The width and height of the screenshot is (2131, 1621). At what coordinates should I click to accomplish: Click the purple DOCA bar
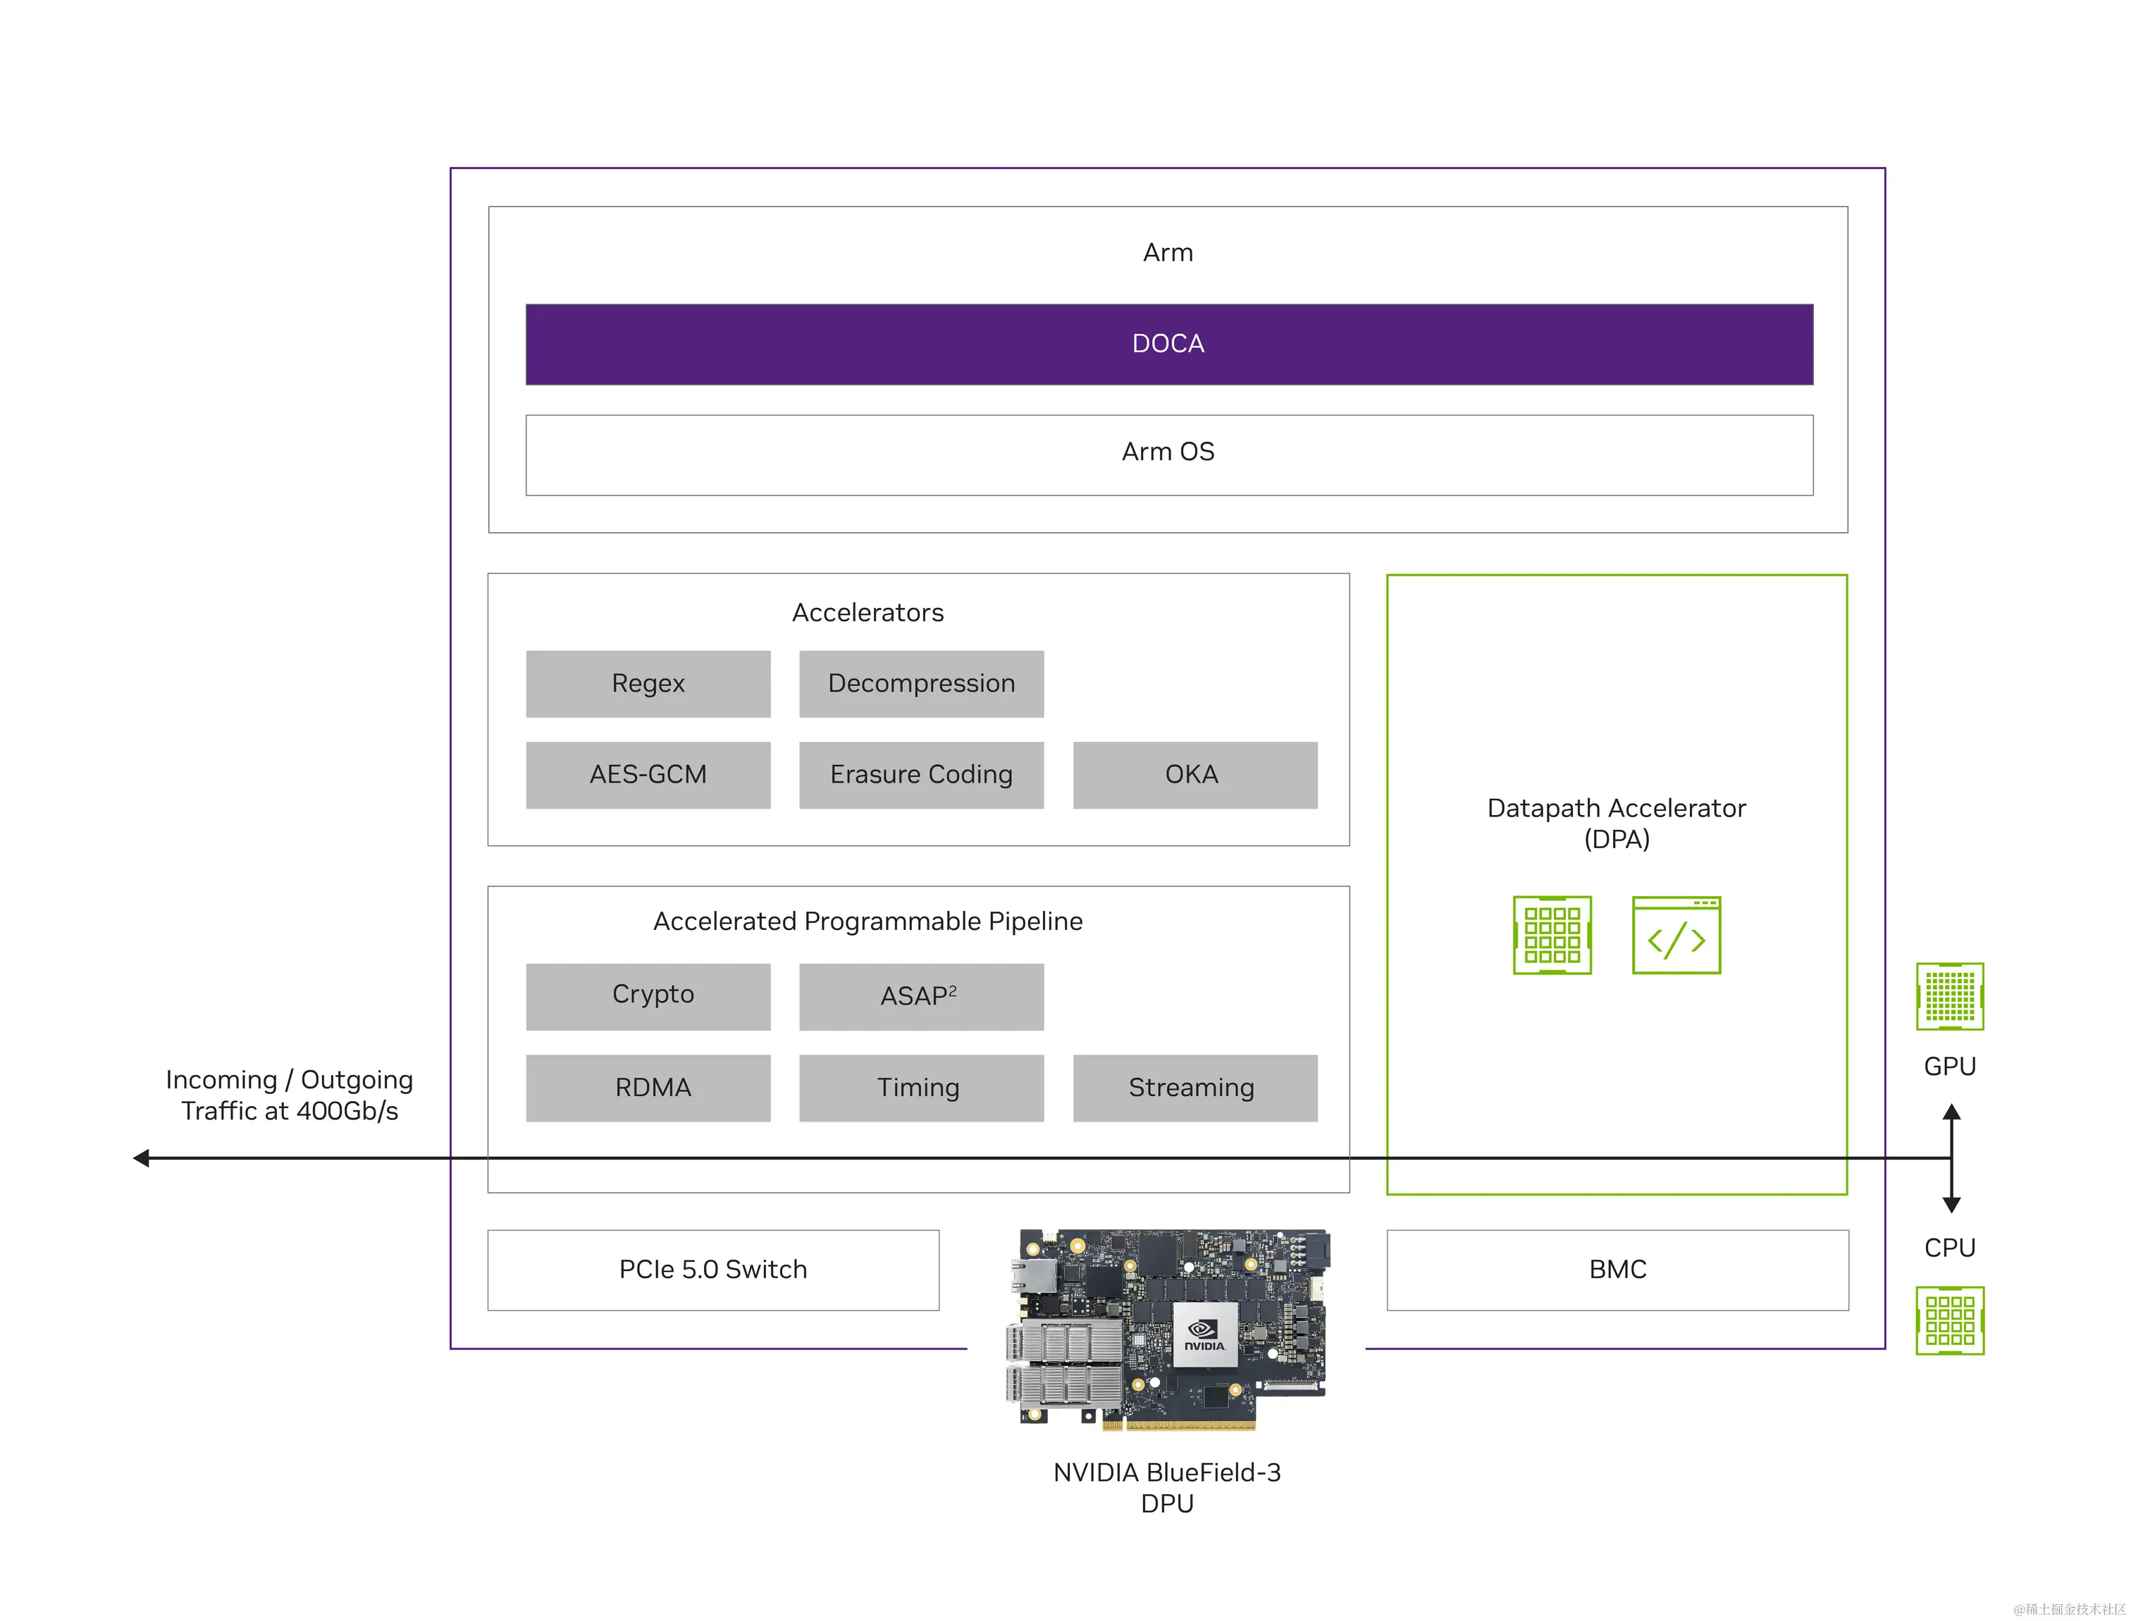pos(1168,344)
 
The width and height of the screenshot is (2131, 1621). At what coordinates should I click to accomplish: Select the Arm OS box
pos(1168,454)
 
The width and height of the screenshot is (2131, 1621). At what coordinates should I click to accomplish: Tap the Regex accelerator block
pos(648,684)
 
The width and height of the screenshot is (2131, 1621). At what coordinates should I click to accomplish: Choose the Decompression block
pos(921,684)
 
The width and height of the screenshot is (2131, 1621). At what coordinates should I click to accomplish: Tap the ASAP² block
pos(921,995)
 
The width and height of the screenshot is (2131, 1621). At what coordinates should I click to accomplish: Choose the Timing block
pos(921,1088)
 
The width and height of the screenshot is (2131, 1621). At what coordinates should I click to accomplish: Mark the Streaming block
pos(1194,1088)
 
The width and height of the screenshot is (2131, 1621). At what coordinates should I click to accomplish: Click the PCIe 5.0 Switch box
pos(712,1269)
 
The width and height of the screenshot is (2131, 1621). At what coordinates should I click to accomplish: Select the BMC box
pos(1617,1269)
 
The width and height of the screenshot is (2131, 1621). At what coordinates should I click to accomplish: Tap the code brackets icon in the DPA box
pos(1676,936)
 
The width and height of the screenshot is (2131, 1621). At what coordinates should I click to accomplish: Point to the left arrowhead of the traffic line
pos(142,1158)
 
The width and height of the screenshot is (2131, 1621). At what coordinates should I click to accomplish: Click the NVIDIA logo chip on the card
pos(1204,1336)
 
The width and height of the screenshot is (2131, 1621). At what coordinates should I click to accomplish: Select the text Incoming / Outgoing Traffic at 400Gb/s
pos(290,1095)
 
